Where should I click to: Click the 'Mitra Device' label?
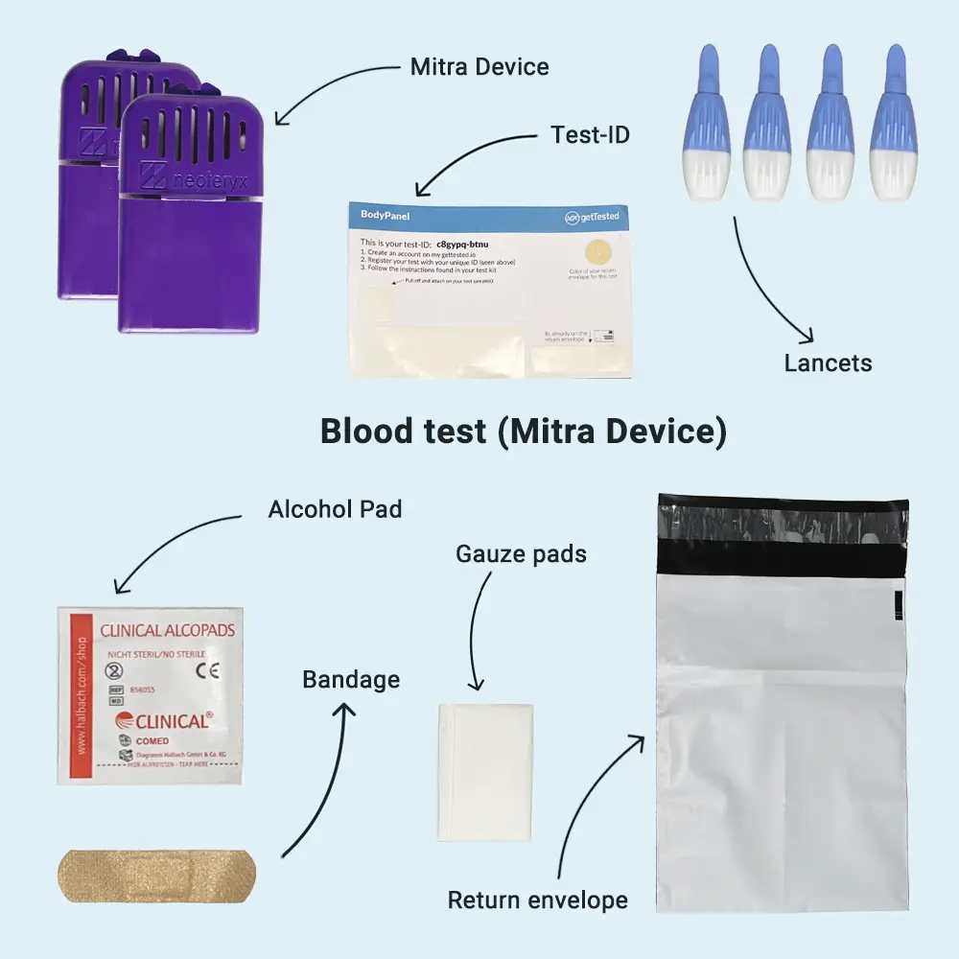[x=479, y=67]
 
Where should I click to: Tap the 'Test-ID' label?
[x=590, y=134]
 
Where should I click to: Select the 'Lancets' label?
[x=828, y=363]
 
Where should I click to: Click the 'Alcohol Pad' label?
[x=335, y=508]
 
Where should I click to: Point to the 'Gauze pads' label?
[x=521, y=554]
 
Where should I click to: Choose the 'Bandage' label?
[x=351, y=680]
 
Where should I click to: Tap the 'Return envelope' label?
[x=538, y=901]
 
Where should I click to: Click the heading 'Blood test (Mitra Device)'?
[x=523, y=432]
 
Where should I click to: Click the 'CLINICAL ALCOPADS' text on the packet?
[x=168, y=632]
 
